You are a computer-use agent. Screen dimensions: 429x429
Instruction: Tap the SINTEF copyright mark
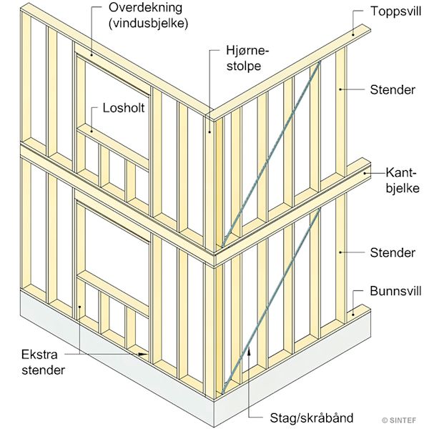point(404,419)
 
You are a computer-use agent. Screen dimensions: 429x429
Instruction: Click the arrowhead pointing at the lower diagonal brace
point(248,350)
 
